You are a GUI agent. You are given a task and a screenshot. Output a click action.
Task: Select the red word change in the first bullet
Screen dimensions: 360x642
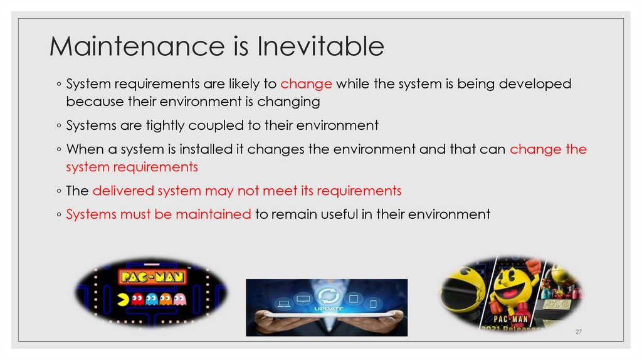click(306, 84)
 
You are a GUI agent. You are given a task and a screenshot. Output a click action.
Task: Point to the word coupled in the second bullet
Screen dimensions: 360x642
click(214, 125)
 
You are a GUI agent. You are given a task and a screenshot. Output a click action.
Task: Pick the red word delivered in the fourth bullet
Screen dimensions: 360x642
click(124, 191)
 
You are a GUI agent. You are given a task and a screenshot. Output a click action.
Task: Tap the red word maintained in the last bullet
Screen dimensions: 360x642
click(213, 214)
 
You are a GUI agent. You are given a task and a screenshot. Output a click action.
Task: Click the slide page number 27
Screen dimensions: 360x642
click(579, 331)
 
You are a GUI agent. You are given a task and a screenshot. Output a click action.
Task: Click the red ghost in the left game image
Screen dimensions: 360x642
click(138, 299)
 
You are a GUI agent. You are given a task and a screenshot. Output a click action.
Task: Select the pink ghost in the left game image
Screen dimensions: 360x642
click(179, 299)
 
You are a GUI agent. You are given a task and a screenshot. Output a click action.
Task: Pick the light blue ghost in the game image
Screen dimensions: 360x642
click(152, 299)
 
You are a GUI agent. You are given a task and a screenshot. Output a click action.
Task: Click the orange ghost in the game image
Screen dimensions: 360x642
click(166, 299)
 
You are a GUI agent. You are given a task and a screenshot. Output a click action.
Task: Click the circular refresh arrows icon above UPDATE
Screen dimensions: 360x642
click(327, 295)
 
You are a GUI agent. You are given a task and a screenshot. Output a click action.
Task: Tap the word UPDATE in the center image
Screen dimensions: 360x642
click(327, 309)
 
